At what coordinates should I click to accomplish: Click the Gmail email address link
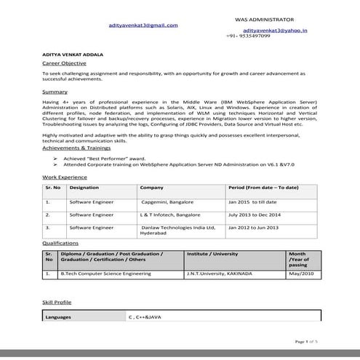click(x=143, y=25)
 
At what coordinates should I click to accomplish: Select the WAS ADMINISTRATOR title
click(x=265, y=17)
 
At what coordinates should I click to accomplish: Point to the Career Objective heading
click(x=64, y=64)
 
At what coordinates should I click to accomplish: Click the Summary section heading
click(x=55, y=92)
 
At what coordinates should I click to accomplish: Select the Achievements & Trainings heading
click(x=78, y=148)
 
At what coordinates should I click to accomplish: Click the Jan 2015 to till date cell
click(x=252, y=201)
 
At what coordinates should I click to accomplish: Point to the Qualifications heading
click(x=60, y=243)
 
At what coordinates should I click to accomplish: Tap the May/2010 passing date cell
click(x=303, y=273)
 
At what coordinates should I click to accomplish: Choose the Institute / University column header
click(x=212, y=254)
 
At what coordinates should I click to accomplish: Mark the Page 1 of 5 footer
click(x=306, y=340)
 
